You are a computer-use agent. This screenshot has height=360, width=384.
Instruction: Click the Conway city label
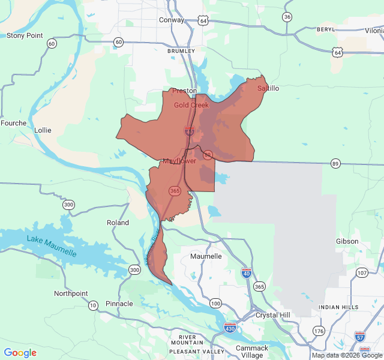tap(172, 20)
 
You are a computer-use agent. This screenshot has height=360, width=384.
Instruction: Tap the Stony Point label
tap(25, 35)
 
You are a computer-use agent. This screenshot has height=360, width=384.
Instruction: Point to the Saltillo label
tap(268, 88)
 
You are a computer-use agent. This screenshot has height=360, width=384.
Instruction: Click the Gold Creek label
tap(191, 105)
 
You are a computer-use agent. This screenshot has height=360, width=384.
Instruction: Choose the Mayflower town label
tap(179, 161)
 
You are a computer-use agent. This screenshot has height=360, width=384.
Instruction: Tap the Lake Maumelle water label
tap(52, 247)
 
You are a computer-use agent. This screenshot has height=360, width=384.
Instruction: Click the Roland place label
tap(118, 223)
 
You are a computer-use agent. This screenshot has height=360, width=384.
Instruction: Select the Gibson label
tap(347, 241)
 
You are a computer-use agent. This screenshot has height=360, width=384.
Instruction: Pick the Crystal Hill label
tap(272, 315)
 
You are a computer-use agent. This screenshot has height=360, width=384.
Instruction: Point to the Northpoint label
tap(71, 293)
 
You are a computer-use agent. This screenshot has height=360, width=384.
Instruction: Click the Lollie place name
tap(43, 130)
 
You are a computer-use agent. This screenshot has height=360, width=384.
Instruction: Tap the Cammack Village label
tap(252, 352)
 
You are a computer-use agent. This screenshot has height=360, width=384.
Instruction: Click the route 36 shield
tap(287, 17)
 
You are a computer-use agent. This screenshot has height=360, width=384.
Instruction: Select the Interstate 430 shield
tap(230, 328)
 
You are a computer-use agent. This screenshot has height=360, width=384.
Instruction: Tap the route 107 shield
tap(361, 273)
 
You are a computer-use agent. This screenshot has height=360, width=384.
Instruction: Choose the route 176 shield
tap(318, 331)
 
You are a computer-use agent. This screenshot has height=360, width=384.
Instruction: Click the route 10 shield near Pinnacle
tap(93, 305)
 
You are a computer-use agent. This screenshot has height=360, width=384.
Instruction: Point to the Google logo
tap(20, 353)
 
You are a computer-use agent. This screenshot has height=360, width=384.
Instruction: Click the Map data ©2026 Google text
tap(346, 355)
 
